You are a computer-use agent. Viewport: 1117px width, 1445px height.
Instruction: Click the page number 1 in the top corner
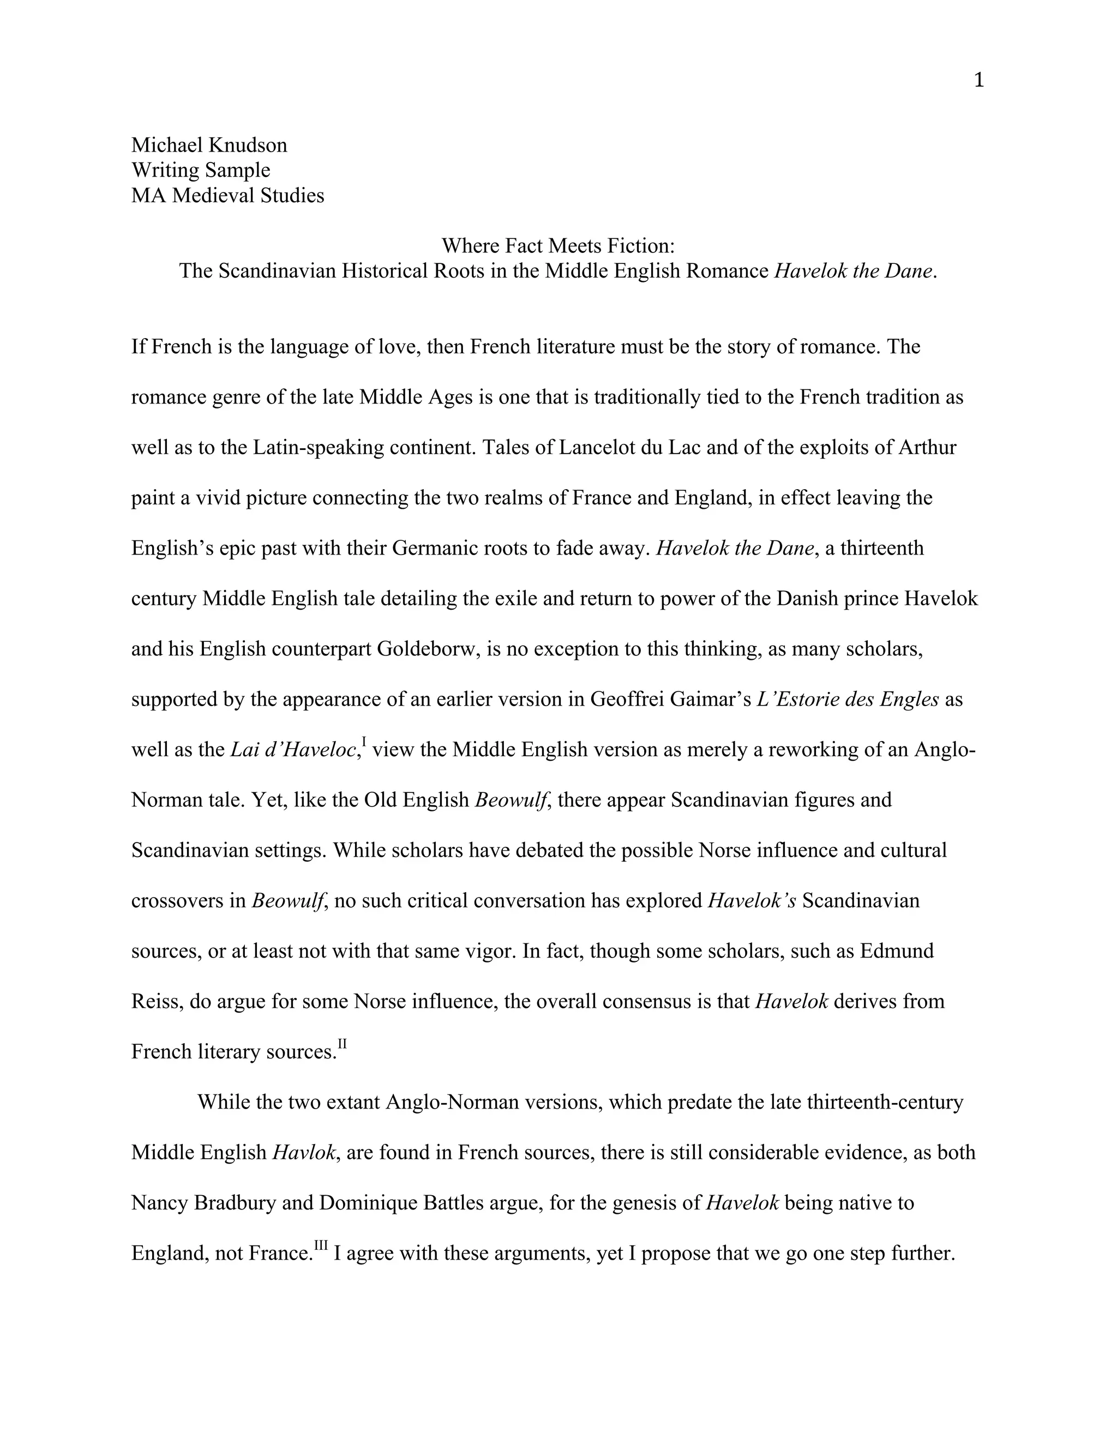coord(978,81)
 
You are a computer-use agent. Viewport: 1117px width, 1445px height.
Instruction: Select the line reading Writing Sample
coord(201,170)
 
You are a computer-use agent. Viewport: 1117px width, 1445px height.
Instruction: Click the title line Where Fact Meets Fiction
coord(558,245)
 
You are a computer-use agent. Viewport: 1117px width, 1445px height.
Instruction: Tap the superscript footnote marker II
coord(342,1043)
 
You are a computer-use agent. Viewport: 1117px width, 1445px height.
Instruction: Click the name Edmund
coord(897,951)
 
